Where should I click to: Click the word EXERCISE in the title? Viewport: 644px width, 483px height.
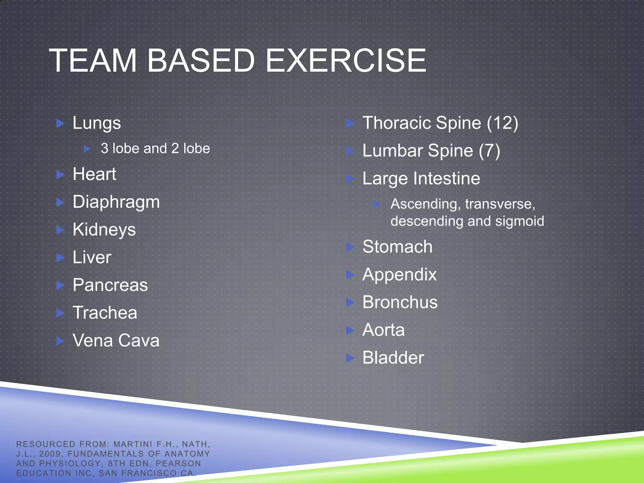[346, 60]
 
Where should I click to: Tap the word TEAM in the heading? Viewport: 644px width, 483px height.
[93, 60]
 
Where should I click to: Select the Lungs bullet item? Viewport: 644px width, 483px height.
[97, 123]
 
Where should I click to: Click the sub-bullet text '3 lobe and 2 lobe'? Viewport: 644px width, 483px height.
[155, 148]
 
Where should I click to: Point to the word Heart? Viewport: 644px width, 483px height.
[94, 174]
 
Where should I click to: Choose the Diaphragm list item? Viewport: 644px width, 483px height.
[116, 202]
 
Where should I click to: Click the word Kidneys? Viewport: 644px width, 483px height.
[104, 230]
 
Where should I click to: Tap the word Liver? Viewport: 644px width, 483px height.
[92, 257]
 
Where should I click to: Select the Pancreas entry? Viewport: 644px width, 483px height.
[110, 285]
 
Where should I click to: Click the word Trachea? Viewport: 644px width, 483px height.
[105, 313]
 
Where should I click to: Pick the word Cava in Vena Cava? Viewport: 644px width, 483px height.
[139, 341]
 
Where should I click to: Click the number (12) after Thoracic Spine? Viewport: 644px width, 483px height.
[502, 123]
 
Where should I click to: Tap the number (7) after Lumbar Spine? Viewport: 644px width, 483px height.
[489, 151]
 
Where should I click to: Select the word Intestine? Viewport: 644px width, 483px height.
[447, 179]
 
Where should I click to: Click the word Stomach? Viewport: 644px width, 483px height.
[397, 247]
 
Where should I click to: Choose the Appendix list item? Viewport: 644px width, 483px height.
[399, 275]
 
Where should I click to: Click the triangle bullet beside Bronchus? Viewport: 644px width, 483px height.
[350, 303]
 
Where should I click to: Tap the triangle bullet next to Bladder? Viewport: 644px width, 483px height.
[350, 358]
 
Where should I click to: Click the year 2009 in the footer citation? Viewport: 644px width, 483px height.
[50, 454]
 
